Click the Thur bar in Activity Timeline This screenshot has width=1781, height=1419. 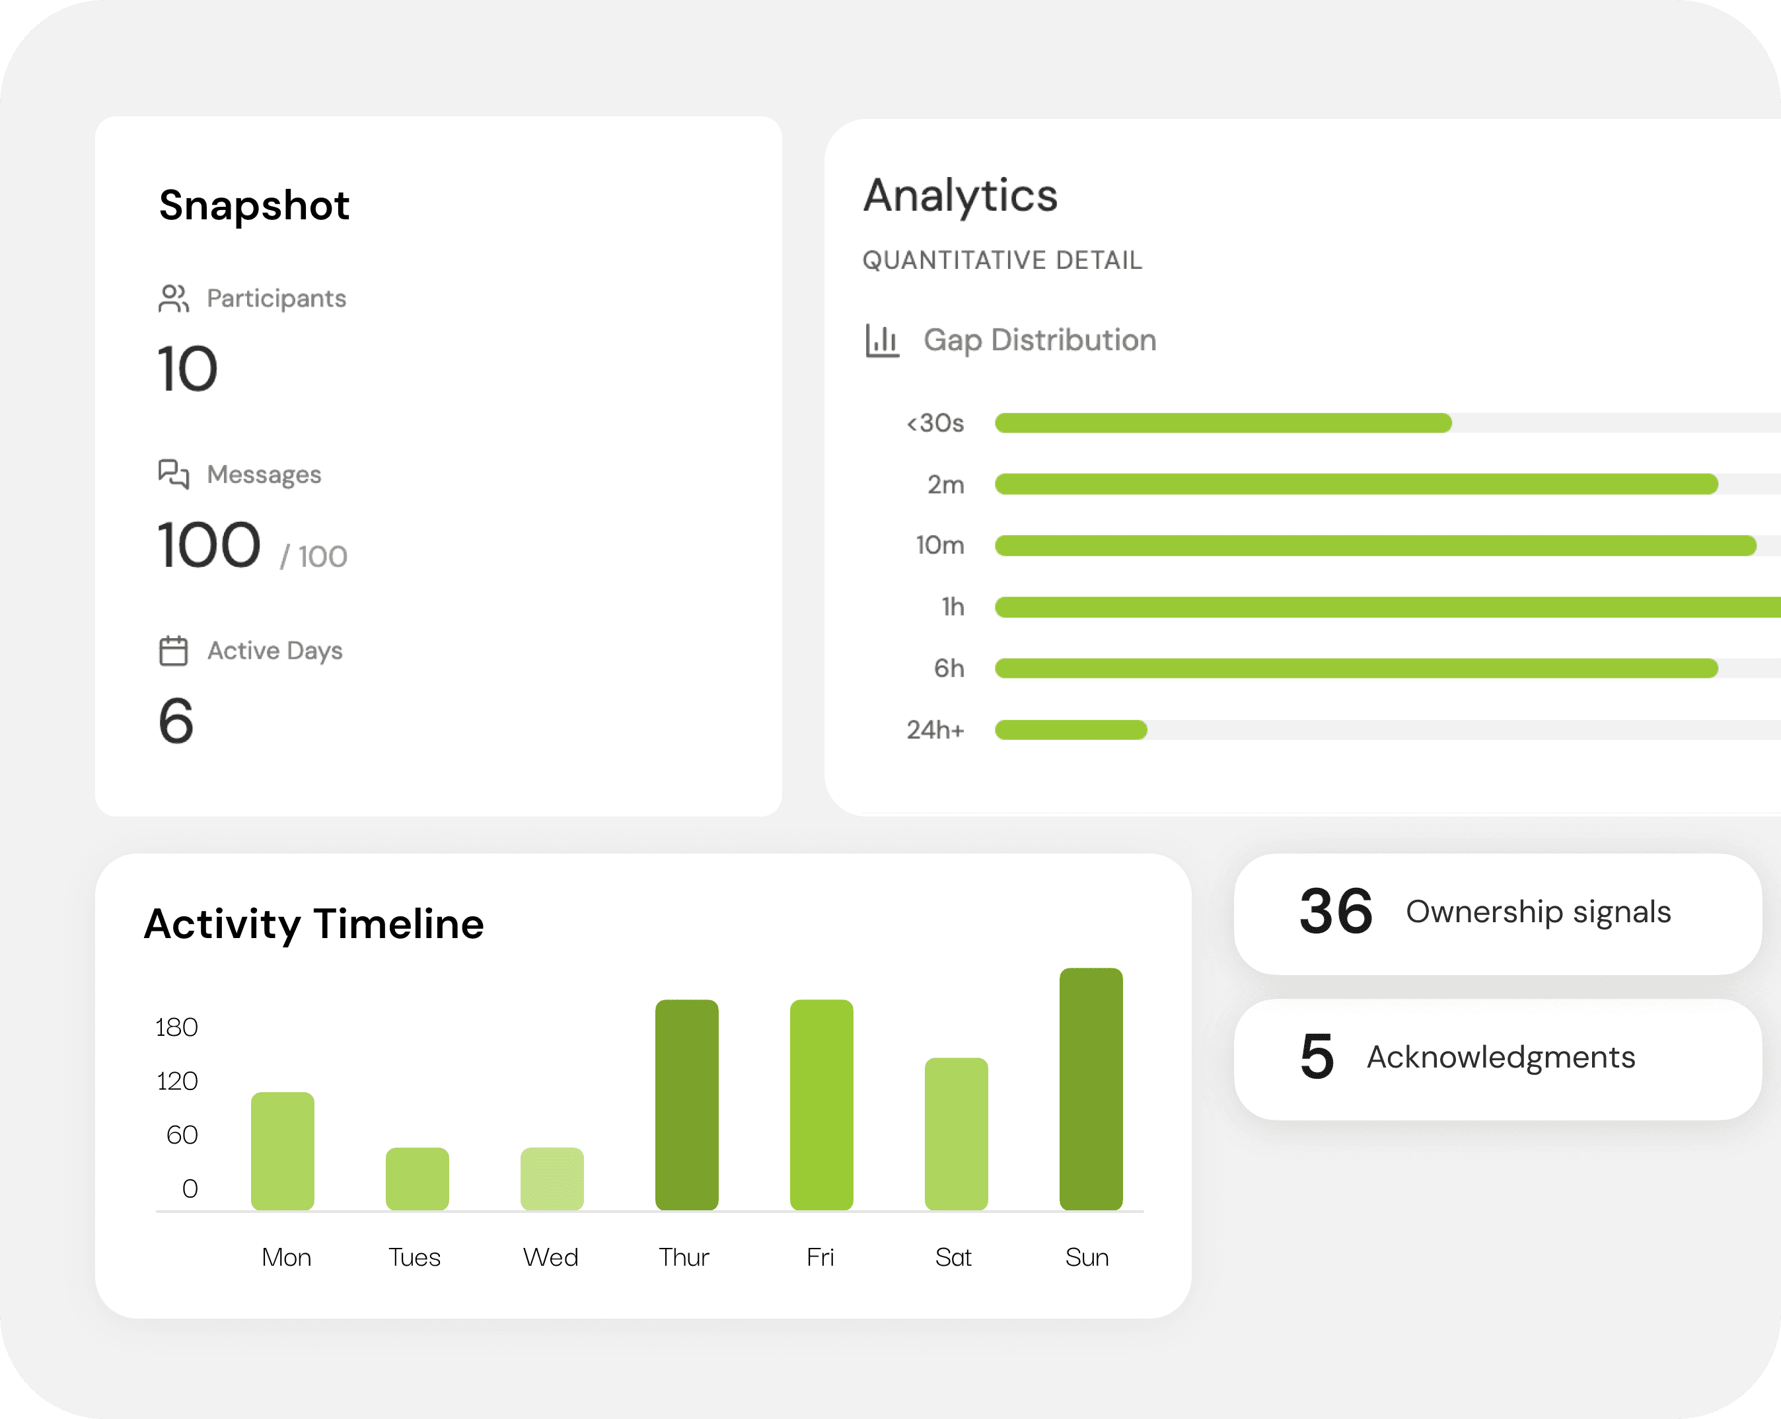click(686, 1105)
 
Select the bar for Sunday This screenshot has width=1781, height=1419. click(1091, 1089)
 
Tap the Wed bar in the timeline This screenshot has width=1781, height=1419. click(552, 1179)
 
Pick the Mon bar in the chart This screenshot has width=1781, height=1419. click(283, 1151)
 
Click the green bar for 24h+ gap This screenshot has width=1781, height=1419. click(1071, 730)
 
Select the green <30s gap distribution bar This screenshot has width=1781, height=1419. click(1223, 423)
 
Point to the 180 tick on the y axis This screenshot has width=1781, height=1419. click(177, 1027)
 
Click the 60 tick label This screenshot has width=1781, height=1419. click(182, 1135)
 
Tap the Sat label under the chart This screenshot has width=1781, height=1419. click(953, 1257)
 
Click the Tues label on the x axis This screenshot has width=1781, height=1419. click(415, 1257)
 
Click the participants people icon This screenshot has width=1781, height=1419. click(174, 298)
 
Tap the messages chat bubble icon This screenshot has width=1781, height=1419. click(174, 474)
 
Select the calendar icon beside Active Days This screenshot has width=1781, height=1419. click(174, 651)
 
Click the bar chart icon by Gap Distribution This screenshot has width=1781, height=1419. click(881, 340)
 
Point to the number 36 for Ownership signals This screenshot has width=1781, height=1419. click(1336, 912)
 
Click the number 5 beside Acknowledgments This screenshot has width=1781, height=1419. click(1317, 1056)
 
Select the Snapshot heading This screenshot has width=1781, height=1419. click(254, 205)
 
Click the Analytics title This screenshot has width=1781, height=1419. click(960, 196)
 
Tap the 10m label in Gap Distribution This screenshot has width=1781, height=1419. click(940, 545)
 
